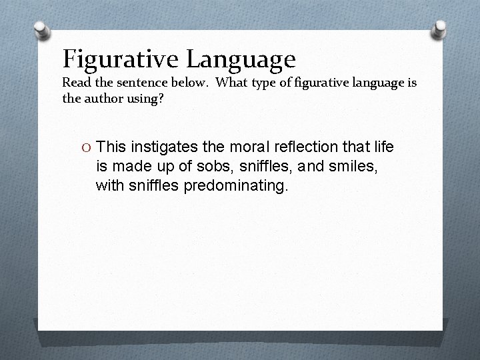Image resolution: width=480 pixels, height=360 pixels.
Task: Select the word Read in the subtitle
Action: [76, 83]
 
